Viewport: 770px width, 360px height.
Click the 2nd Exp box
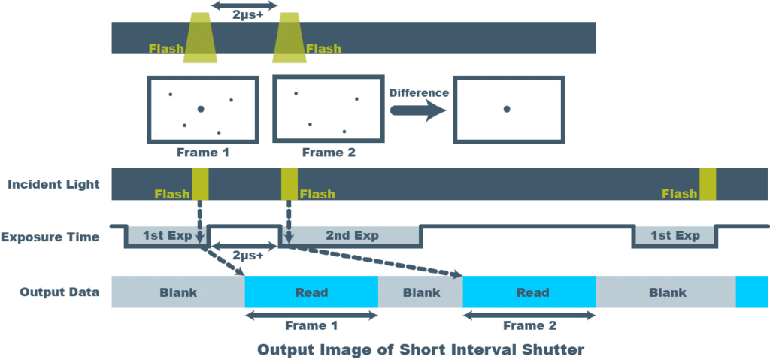[351, 236]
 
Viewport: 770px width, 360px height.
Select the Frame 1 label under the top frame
[203, 153]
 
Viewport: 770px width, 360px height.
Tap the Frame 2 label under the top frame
[329, 153]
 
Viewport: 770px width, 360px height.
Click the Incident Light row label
[53, 184]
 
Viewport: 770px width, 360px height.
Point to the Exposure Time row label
[50, 237]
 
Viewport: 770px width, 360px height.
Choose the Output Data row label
[53, 292]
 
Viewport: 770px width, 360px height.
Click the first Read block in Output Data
[311, 292]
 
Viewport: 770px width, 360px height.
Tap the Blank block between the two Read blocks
[421, 292]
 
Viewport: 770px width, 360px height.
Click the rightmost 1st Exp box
[675, 236]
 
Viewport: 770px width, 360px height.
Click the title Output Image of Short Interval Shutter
[420, 349]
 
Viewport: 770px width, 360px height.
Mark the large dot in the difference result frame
[507, 110]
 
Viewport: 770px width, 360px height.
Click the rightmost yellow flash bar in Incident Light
[708, 185]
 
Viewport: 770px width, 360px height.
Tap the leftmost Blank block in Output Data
[178, 292]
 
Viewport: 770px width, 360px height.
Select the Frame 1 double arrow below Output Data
[311, 316]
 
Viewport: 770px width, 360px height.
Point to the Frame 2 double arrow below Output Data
[529, 316]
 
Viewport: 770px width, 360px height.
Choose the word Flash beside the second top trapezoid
[323, 49]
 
